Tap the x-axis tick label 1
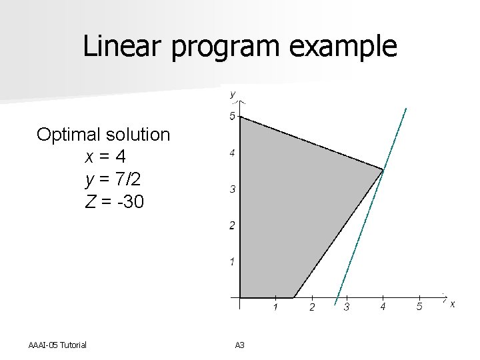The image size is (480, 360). [x=275, y=307]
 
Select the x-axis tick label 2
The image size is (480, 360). [x=311, y=307]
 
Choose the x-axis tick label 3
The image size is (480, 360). [x=346, y=307]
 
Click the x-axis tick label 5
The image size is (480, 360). [x=419, y=307]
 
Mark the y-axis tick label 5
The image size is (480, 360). [x=232, y=117]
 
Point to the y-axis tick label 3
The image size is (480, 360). [x=232, y=190]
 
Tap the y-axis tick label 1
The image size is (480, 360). [x=232, y=262]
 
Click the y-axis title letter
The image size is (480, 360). [x=232, y=95]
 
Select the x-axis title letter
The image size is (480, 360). [x=452, y=305]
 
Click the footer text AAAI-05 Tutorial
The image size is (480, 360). [x=58, y=345]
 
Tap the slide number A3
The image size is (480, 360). [x=240, y=345]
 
